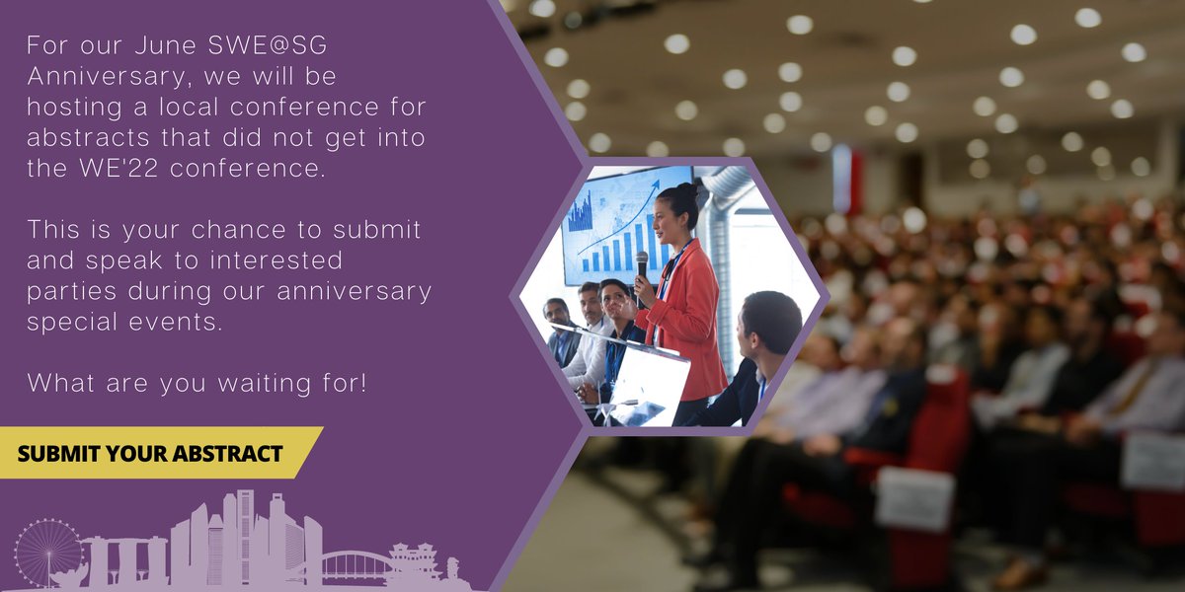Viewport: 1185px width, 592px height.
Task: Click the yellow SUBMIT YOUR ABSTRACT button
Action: [x=153, y=454]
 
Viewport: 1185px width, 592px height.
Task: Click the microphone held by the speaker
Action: [x=642, y=263]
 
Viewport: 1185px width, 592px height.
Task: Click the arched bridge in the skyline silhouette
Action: [x=355, y=563]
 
